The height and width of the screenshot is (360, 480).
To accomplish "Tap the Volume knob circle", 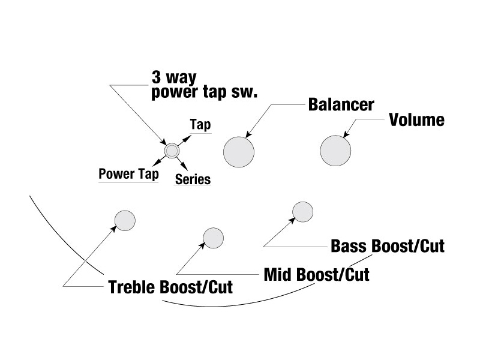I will (335, 150).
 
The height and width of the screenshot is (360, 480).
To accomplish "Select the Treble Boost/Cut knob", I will (125, 220).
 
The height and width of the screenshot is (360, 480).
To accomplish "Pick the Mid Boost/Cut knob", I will (213, 238).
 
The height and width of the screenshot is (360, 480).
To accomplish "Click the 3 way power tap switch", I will (172, 150).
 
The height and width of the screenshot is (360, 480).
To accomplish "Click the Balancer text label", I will (341, 104).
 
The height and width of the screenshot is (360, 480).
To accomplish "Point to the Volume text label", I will (416, 120).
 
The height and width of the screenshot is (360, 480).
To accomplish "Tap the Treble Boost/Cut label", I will (170, 287).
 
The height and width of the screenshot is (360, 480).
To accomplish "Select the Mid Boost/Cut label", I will (317, 275).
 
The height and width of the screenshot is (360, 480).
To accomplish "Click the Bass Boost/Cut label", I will (388, 246).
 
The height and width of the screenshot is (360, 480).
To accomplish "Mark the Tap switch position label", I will (200, 125).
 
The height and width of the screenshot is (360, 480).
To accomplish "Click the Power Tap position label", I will (128, 174).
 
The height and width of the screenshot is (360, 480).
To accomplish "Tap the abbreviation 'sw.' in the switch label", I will (245, 92).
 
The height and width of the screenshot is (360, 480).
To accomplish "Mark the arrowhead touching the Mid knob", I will (203, 245).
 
